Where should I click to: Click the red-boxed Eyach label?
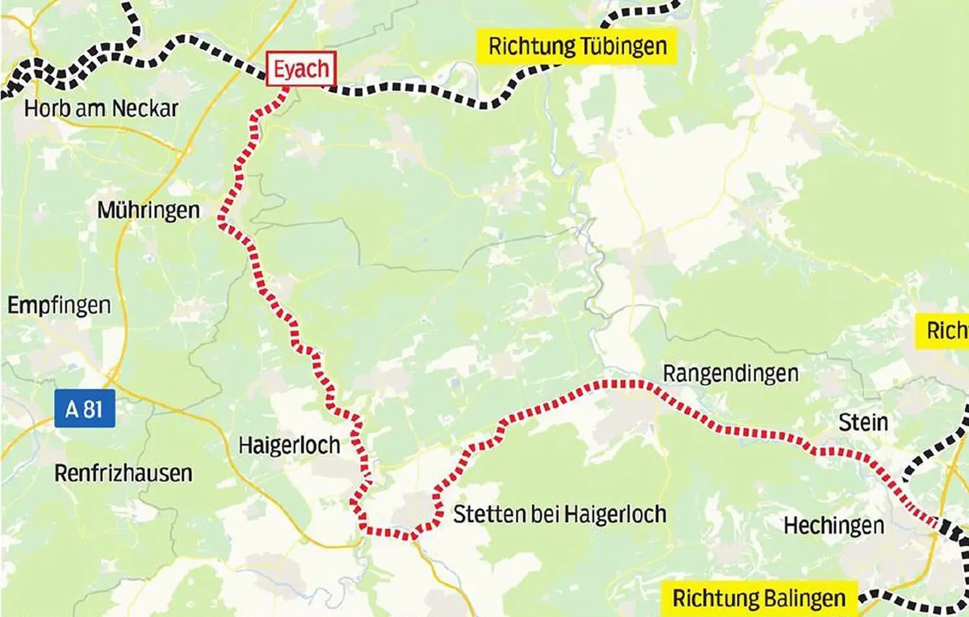coord(301,68)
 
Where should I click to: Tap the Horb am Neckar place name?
coord(101,108)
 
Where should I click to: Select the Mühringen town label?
coord(148,210)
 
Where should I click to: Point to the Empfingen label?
coord(59,305)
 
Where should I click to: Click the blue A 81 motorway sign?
coord(85,408)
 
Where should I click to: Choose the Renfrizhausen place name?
coord(123,473)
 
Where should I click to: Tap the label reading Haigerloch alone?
coord(289,445)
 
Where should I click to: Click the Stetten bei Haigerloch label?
coord(559,514)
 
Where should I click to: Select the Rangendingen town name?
coord(730,373)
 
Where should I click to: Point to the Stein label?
coord(863,423)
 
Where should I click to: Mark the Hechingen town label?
coord(833,525)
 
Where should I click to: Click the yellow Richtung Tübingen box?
coord(577,47)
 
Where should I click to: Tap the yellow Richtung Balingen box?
coord(758,598)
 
